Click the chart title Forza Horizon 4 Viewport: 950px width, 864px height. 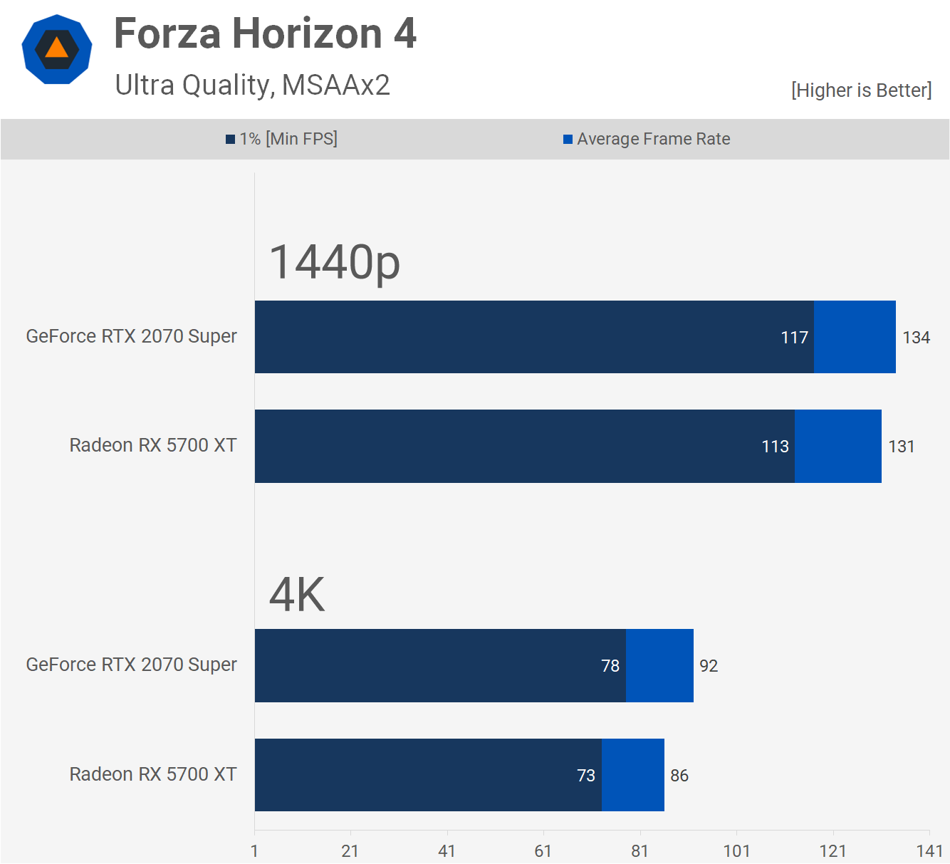pyautogui.click(x=265, y=34)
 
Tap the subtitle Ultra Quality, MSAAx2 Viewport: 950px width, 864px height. pyautogui.click(x=252, y=85)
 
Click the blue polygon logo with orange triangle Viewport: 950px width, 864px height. pyautogui.click(x=57, y=49)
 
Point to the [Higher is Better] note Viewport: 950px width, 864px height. pyautogui.click(x=860, y=90)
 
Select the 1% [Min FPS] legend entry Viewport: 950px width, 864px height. pyautogui.click(x=282, y=139)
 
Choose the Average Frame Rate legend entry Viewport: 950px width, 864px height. pyautogui.click(x=647, y=139)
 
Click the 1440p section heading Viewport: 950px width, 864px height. pyautogui.click(x=335, y=262)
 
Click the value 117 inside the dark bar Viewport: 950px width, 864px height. pyautogui.click(x=794, y=338)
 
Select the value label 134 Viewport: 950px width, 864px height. pyautogui.click(x=916, y=338)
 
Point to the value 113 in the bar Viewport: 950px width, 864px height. pyautogui.click(x=775, y=447)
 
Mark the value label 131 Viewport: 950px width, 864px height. pyautogui.click(x=901, y=447)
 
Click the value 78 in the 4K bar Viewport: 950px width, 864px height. pyautogui.click(x=610, y=666)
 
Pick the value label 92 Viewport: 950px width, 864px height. pyautogui.click(x=709, y=666)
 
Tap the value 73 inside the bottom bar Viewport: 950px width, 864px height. pyautogui.click(x=586, y=776)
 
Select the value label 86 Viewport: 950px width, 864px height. pyautogui.click(x=679, y=776)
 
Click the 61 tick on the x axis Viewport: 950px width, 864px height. pyautogui.click(x=543, y=851)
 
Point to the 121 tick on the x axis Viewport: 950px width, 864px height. pyautogui.click(x=832, y=851)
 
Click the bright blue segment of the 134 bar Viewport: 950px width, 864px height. pyautogui.click(x=855, y=337)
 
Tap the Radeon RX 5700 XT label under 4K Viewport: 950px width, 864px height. pyautogui.click(x=153, y=774)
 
